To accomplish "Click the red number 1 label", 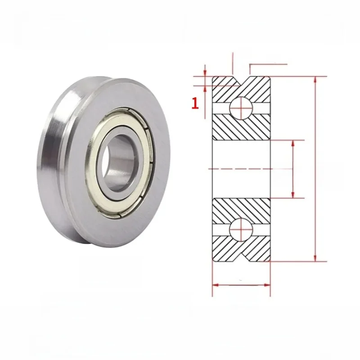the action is point(195,103).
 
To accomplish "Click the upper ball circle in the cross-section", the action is point(241,108).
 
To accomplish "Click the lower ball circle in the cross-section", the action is point(241,230).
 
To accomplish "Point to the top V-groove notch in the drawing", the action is point(241,81).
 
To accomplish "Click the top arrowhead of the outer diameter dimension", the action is point(315,80).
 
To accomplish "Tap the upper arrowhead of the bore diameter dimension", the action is point(293,144).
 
